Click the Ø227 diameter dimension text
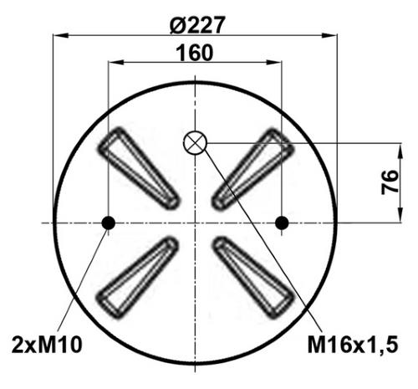click(196, 24)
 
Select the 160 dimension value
click(195, 53)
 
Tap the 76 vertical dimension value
click(390, 182)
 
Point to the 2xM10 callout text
click(47, 345)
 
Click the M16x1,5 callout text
click(353, 345)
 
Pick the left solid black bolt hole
click(108, 223)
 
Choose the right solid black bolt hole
click(282, 223)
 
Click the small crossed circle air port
click(195, 142)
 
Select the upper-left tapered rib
click(139, 168)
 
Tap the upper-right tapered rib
click(252, 169)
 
